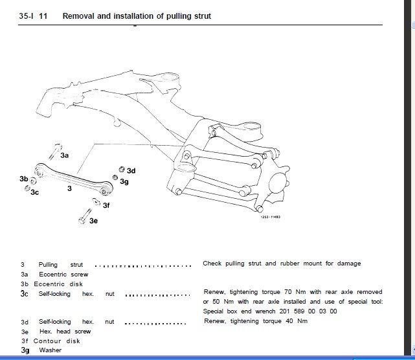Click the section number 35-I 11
pos(35,16)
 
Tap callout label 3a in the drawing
pos(65,155)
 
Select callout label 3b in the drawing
pos(24,178)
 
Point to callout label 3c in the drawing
pos(35,192)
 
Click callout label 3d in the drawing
pos(131,171)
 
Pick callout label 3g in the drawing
pos(125,182)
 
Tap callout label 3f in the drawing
pos(106,205)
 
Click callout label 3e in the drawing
pos(93,221)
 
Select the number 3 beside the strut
pos(69,189)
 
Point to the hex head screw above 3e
pos(84,216)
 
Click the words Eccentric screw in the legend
pos(63,275)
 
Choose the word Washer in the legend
pos(50,350)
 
